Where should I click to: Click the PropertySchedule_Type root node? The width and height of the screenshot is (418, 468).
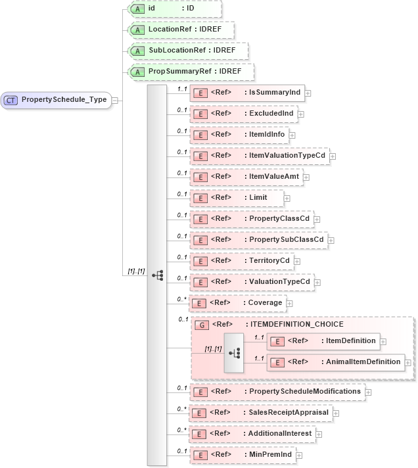point(56,100)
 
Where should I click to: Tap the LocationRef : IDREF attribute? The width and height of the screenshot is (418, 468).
point(181,30)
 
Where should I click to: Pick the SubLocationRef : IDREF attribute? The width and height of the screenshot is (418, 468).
point(188,51)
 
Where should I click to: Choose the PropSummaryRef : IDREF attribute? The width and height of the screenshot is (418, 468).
point(191,72)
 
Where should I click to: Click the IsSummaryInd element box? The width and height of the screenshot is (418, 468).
point(246,93)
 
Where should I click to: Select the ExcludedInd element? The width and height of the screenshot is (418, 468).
point(243,114)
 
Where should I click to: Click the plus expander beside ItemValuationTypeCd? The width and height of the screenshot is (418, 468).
point(333,156)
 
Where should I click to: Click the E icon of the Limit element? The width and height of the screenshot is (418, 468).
point(200,197)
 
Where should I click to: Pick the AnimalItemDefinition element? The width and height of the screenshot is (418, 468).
point(335,362)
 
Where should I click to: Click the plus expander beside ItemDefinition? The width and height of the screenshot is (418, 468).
point(383,341)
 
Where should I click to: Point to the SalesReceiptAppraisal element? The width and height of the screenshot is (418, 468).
point(259,413)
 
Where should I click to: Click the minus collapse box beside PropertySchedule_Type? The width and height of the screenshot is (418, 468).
point(115,100)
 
